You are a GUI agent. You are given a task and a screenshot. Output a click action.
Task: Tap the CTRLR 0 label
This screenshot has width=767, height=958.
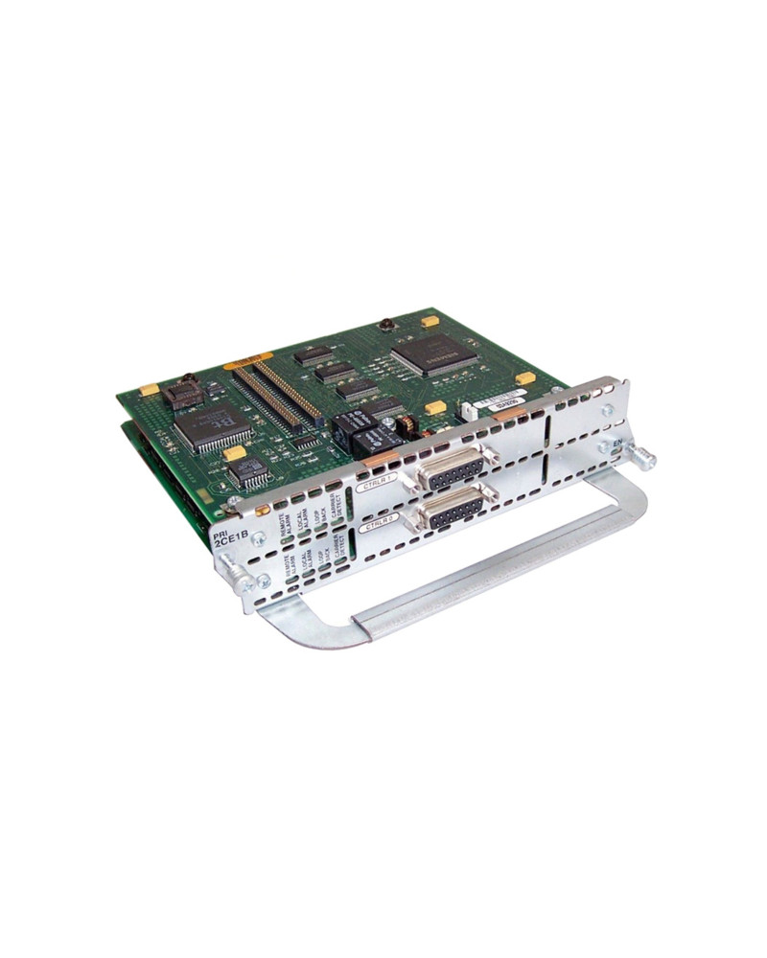(377, 524)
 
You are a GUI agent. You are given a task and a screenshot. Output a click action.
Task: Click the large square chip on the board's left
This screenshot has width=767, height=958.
(210, 423)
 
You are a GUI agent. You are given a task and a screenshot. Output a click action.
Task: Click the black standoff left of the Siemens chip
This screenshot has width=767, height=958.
(387, 326)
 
